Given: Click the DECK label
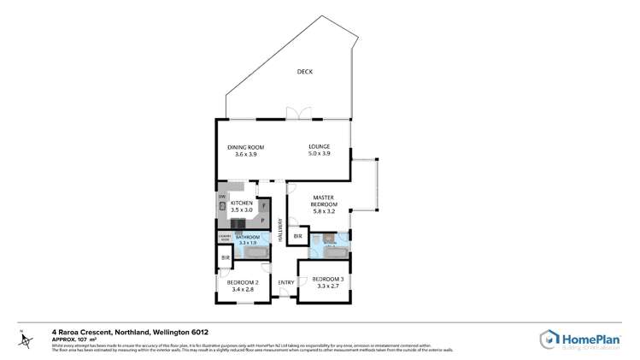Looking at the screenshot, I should click(x=304, y=72).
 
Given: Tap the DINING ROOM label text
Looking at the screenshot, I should click(x=242, y=147).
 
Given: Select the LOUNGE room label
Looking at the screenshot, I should click(x=319, y=147).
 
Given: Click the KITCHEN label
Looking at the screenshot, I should click(x=242, y=204).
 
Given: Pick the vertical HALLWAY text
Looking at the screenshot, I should click(x=279, y=229).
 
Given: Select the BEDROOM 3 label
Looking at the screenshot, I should click(x=328, y=280).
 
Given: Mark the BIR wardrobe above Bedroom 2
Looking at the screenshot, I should click(x=226, y=257).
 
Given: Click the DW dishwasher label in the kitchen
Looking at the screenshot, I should click(x=221, y=198).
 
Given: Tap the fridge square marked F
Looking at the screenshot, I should click(x=264, y=205).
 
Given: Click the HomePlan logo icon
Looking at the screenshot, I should click(x=549, y=339).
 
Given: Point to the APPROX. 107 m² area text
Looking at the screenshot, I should click(x=74, y=339).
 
